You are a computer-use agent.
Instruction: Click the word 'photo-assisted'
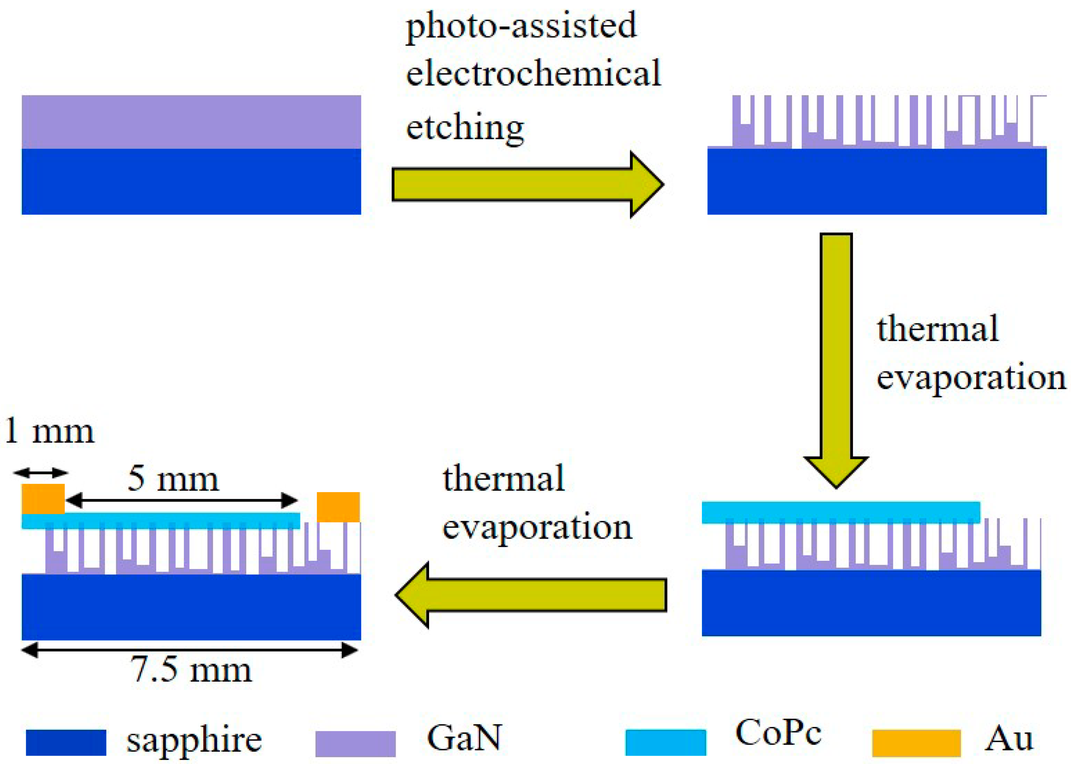coord(521,27)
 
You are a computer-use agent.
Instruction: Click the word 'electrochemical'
coord(533,74)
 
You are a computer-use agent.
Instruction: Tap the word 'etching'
coord(465,128)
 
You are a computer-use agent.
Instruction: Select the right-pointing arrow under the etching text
coord(527,184)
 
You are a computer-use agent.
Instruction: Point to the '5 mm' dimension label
coord(173,479)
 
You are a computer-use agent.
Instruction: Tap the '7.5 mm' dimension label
coord(191,670)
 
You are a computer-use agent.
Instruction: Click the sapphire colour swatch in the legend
coord(66,742)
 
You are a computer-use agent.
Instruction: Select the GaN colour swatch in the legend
coord(355,743)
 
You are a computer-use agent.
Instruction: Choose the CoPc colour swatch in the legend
coord(666,742)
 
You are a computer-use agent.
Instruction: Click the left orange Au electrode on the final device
coord(43,499)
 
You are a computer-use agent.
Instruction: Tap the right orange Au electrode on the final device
coord(338,507)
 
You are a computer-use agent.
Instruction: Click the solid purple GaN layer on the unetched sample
coord(191,122)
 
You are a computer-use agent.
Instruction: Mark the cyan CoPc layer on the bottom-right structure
coord(841,512)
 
